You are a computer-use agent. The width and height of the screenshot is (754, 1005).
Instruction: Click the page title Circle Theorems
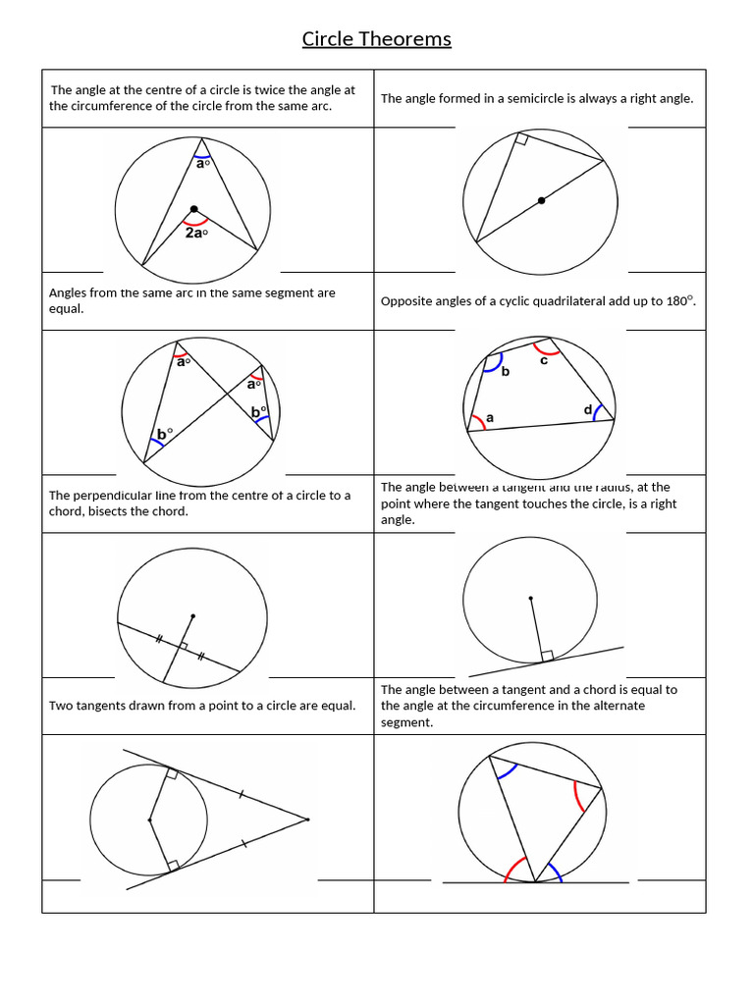(x=376, y=39)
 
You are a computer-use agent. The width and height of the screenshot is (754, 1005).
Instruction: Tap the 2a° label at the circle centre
(x=196, y=234)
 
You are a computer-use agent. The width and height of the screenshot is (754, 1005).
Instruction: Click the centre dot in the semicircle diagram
(x=541, y=200)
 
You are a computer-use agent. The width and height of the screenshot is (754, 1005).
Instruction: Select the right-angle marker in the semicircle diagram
(x=521, y=141)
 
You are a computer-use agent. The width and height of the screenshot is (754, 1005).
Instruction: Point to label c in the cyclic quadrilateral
(x=544, y=360)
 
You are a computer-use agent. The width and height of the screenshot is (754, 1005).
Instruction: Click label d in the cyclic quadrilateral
(x=588, y=409)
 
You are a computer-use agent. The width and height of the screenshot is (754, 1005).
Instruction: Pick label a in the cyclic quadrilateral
(x=490, y=418)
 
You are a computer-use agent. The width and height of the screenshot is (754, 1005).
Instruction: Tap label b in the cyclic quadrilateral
(x=506, y=373)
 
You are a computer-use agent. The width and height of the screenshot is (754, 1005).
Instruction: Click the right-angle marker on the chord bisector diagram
(x=183, y=646)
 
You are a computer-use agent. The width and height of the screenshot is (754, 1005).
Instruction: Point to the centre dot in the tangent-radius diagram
(x=531, y=598)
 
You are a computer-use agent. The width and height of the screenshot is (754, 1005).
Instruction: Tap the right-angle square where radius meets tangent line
(x=547, y=655)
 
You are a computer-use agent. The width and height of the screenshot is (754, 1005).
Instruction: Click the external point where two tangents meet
(x=307, y=819)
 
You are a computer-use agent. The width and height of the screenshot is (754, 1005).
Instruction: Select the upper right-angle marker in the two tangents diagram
(x=172, y=774)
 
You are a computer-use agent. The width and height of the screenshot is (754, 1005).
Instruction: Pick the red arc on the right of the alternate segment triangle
(x=581, y=797)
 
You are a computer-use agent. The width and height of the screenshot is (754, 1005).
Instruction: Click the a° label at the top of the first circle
(x=203, y=164)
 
